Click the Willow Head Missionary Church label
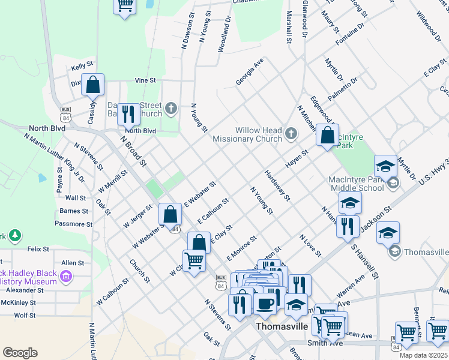pyautogui.click(x=258, y=134)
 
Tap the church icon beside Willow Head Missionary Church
pyautogui.click(x=291, y=133)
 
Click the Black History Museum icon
pyautogui.click(x=66, y=277)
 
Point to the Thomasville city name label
pyautogui.click(x=282, y=327)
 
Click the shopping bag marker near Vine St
pyautogui.click(x=93, y=85)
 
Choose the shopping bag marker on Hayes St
pyautogui.click(x=328, y=136)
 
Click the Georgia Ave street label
pyautogui.click(x=250, y=71)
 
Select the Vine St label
pyautogui.click(x=145, y=80)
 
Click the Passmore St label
pyautogui.click(x=73, y=224)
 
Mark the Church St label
pyautogui.click(x=139, y=271)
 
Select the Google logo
pyautogui.click(x=20, y=353)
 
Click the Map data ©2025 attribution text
pyautogui.click(x=424, y=355)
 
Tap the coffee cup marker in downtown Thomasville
pyautogui.click(x=265, y=304)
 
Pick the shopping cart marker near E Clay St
pyautogui.click(x=194, y=261)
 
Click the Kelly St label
pyautogui.click(x=82, y=67)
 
